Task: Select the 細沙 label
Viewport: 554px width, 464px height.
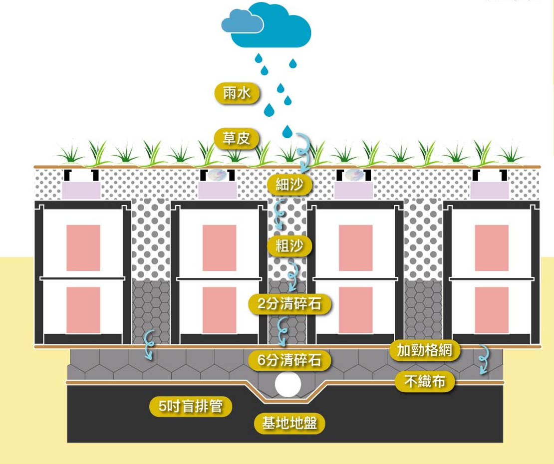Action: click(289, 184)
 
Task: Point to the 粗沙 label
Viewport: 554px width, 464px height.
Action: click(289, 245)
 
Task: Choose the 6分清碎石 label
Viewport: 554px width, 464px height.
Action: click(290, 360)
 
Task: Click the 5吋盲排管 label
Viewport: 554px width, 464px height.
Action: click(191, 407)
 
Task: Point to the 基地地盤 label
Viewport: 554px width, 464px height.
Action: click(290, 424)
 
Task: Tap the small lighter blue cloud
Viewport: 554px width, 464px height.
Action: click(242, 22)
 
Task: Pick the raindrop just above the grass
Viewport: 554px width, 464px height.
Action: click(287, 132)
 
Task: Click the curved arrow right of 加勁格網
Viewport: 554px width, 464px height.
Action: click(483, 359)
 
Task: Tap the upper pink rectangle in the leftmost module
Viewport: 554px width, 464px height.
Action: click(83, 247)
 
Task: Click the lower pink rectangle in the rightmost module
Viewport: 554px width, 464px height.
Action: click(492, 309)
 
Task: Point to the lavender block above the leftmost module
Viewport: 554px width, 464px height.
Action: click(80, 190)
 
